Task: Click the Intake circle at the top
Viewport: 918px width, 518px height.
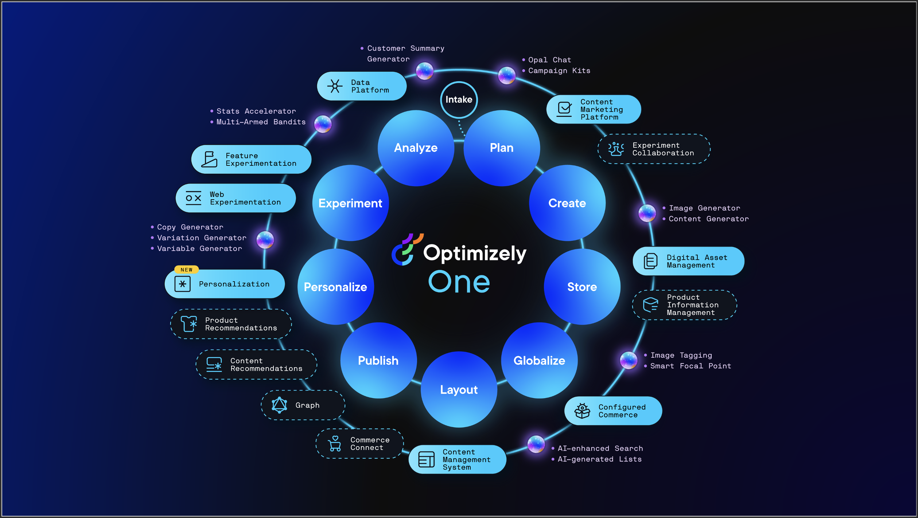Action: click(459, 99)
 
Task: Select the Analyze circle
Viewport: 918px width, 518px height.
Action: click(416, 148)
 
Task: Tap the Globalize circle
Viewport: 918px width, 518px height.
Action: click(539, 360)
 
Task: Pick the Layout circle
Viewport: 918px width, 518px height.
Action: click(459, 389)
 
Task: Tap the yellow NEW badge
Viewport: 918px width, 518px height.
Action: click(186, 270)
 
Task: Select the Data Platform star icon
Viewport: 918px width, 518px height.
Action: click(335, 86)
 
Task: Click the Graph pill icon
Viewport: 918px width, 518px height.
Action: click(279, 405)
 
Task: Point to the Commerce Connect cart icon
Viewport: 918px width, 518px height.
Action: click(334, 444)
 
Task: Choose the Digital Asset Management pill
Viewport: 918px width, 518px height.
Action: click(688, 261)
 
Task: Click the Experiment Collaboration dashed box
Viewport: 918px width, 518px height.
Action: click(654, 149)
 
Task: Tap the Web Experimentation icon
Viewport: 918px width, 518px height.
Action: click(193, 198)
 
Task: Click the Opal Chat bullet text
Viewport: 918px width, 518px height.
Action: click(549, 60)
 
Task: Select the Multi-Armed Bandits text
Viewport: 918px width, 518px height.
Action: click(261, 122)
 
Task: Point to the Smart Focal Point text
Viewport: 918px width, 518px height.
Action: click(691, 366)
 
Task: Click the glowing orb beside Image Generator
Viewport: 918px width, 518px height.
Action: click(647, 213)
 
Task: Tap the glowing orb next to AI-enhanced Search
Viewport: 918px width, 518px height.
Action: click(536, 444)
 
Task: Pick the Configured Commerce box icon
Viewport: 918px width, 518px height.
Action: click(582, 411)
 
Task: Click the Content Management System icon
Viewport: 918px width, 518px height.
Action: click(426, 459)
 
